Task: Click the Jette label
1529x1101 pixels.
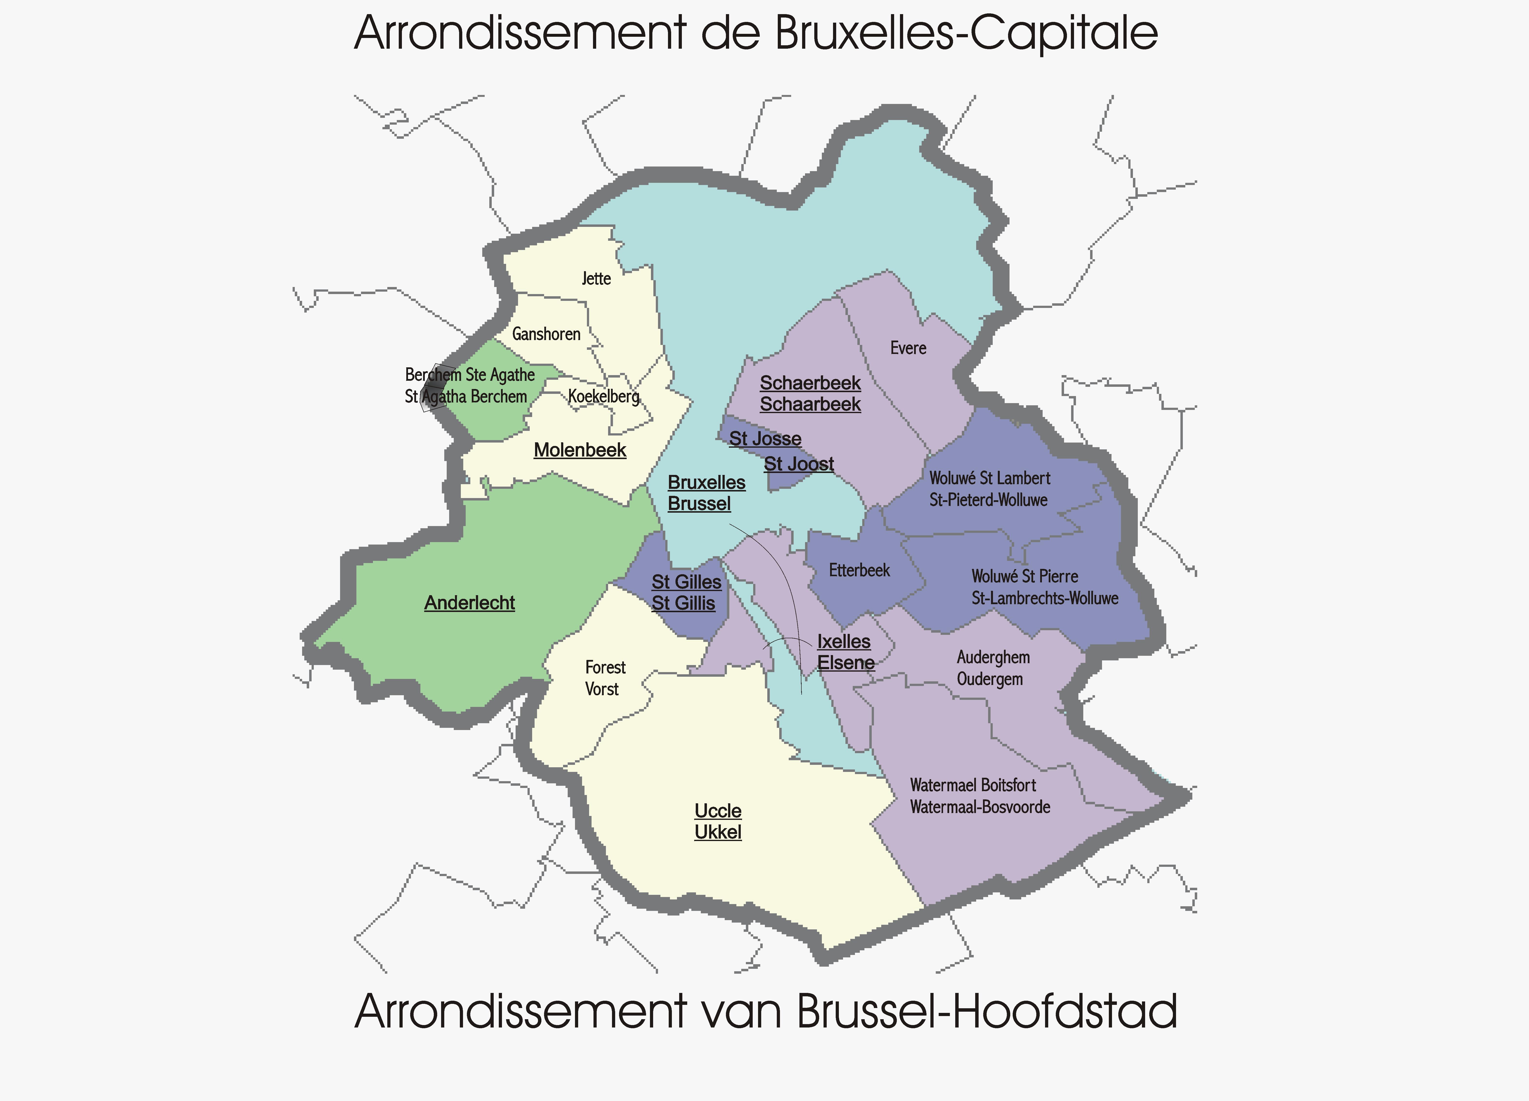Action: click(x=596, y=278)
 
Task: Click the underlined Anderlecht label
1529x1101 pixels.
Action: click(x=469, y=603)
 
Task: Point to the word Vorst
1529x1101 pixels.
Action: click(x=601, y=689)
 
